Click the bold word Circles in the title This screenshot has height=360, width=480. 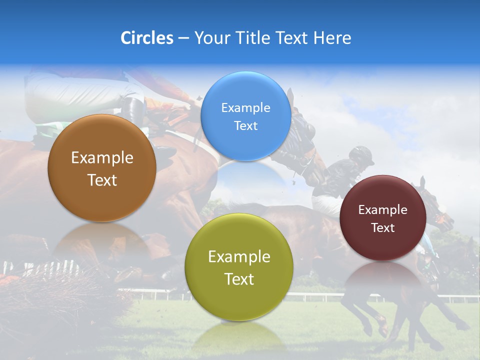[x=147, y=38]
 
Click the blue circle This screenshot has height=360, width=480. [x=245, y=116]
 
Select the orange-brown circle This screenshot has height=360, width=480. [x=102, y=168]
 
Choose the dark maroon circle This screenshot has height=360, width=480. [x=383, y=217]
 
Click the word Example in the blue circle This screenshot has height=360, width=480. [x=245, y=107]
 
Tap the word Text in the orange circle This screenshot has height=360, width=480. [x=102, y=180]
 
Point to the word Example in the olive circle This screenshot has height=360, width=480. [x=239, y=257]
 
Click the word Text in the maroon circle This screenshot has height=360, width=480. [x=383, y=228]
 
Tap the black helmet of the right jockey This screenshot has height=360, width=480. [x=362, y=154]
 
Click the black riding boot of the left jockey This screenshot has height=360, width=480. [x=134, y=112]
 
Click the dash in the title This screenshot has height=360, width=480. [x=183, y=38]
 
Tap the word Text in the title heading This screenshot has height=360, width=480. [x=292, y=38]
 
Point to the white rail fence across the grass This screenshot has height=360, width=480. [x=320, y=296]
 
